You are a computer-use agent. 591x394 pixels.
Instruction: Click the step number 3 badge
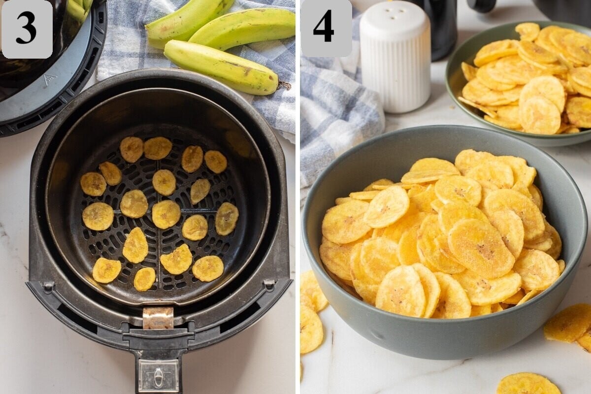(27, 29)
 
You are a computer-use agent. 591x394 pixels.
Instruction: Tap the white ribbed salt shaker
(395, 64)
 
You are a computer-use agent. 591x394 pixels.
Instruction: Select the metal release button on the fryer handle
(158, 376)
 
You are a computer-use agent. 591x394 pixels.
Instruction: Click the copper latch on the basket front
(158, 318)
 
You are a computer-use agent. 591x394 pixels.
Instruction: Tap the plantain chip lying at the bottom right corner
(527, 384)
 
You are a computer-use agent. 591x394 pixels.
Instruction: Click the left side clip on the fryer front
(48, 286)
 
